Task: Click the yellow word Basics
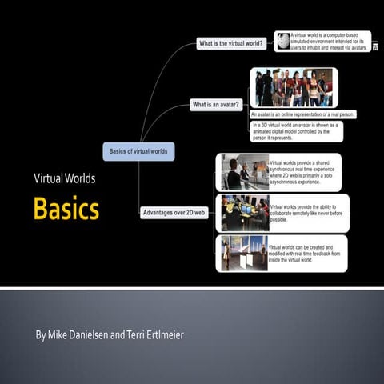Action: [66, 209]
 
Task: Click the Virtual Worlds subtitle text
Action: [64, 178]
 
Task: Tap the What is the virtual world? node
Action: [233, 44]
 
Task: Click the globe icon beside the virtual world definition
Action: [282, 40]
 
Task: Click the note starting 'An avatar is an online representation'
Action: [302, 114]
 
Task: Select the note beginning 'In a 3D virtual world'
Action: [295, 130]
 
